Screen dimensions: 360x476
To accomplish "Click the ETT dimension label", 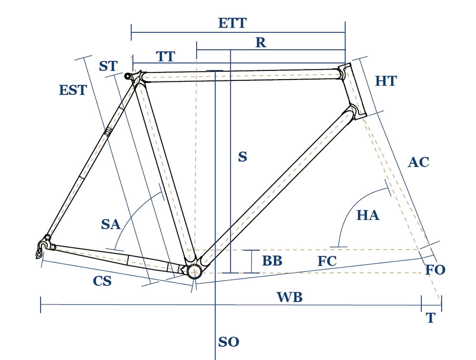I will point(232,23).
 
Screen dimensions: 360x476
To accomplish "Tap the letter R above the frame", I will point(260,43).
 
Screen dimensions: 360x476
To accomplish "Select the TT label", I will point(166,57).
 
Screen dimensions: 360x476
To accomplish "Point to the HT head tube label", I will point(386,81).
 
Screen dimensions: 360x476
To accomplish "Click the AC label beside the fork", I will point(418,162).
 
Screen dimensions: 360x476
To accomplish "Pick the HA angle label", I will point(368,215).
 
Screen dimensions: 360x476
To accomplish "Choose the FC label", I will point(327,261).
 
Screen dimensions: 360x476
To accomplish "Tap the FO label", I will point(435,270).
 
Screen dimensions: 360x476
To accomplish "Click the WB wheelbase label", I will point(290,298).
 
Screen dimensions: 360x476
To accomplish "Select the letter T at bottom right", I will point(431,318).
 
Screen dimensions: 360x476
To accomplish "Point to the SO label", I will point(228,342).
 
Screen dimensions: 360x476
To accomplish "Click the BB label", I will point(272,261).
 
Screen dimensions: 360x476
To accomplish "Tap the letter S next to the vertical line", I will point(243,157).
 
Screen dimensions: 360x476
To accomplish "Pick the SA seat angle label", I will point(111,224).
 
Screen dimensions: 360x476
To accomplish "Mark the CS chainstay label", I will point(102,281).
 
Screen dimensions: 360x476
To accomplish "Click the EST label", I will point(73,90).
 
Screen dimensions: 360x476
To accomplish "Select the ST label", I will point(108,66).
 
